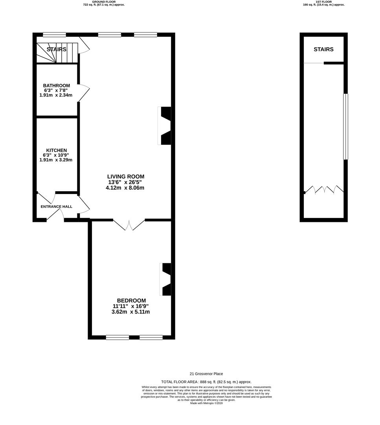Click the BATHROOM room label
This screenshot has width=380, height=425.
click(x=57, y=85)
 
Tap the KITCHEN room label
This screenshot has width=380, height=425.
click(x=57, y=150)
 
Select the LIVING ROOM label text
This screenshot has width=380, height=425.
click(x=126, y=177)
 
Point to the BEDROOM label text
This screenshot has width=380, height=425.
click(x=131, y=300)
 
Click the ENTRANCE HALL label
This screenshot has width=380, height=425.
click(x=57, y=207)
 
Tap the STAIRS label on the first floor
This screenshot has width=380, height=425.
click(x=323, y=50)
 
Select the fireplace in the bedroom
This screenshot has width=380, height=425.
click(x=166, y=279)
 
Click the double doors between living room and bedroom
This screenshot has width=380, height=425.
click(x=129, y=224)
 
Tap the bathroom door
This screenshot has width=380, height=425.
click(x=84, y=93)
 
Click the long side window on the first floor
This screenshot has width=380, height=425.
click(x=345, y=126)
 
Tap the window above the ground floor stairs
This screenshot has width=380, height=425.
click(x=54, y=35)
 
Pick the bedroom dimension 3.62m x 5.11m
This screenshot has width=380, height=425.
click(x=131, y=312)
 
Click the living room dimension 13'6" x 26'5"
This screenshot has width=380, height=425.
click(x=126, y=182)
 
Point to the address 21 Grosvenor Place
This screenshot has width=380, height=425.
click(x=206, y=374)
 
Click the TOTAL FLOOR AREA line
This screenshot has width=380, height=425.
click(x=206, y=382)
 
